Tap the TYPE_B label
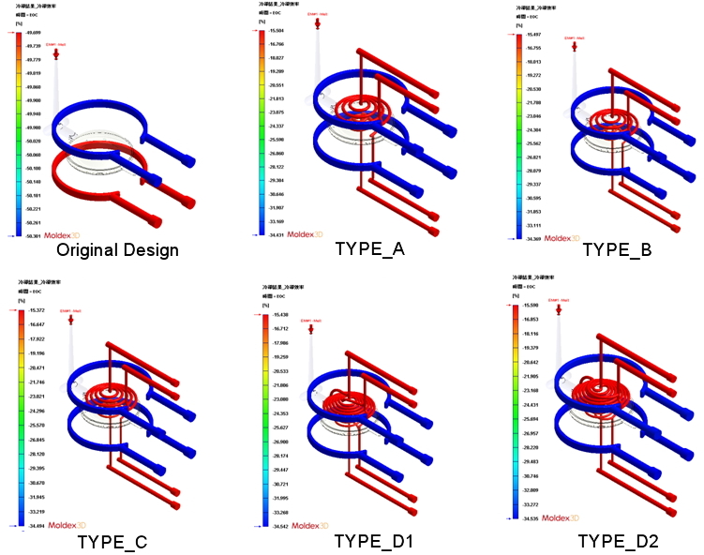point(617,249)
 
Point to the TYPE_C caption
point(112,541)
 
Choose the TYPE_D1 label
point(374,541)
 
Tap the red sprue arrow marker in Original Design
point(56,54)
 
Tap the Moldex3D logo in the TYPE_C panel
point(67,525)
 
